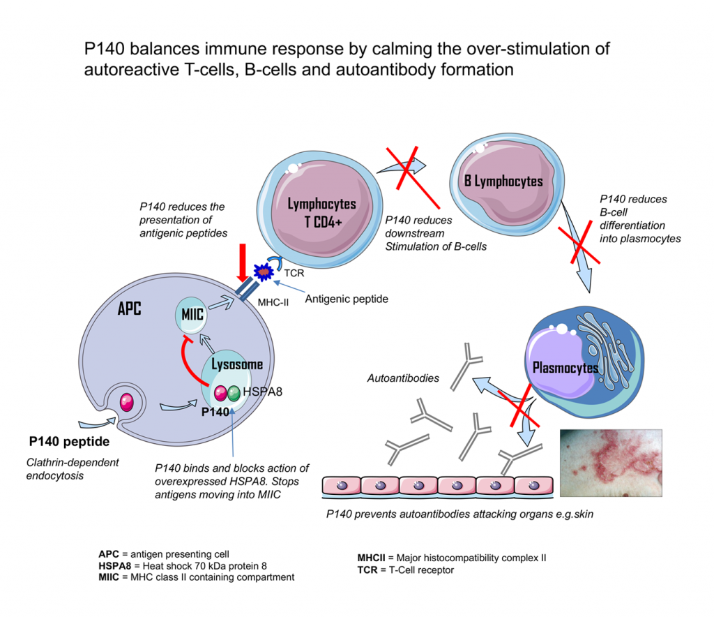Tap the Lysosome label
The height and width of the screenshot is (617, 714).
[x=237, y=364]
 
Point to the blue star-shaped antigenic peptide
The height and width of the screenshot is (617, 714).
[x=264, y=271]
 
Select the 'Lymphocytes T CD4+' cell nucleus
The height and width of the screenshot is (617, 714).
[x=322, y=211]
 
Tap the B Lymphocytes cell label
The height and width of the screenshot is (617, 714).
[x=503, y=181]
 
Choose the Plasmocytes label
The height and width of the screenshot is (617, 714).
[x=565, y=367]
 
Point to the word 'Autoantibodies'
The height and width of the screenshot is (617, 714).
[x=403, y=378]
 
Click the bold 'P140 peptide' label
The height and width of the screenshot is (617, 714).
[x=69, y=442]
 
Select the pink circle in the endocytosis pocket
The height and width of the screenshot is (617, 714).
[x=128, y=402]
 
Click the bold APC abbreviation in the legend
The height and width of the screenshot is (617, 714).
[x=109, y=553]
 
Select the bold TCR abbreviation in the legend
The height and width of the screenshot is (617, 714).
[x=367, y=570]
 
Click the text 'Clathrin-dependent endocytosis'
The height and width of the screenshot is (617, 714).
[x=73, y=468]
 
